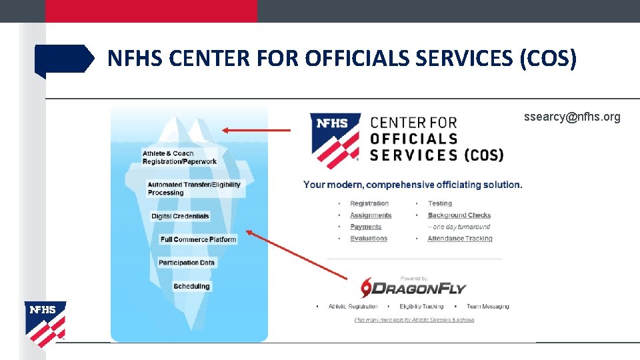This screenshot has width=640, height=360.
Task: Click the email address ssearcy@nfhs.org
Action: tap(572, 117)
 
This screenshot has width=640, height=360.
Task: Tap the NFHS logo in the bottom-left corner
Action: tap(45, 323)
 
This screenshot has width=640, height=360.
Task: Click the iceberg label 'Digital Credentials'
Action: tap(180, 216)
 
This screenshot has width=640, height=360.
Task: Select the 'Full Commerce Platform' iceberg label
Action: tap(198, 239)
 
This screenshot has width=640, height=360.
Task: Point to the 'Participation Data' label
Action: tap(187, 263)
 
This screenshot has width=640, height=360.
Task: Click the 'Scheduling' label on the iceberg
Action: tap(191, 287)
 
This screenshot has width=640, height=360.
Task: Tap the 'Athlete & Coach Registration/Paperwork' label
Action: tap(179, 157)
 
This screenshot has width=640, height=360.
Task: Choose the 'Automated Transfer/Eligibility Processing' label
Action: tap(194, 189)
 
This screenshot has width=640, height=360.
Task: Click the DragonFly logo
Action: tap(413, 287)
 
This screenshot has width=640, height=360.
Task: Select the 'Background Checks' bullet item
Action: tap(459, 215)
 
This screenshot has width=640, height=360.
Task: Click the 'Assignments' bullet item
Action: tap(371, 215)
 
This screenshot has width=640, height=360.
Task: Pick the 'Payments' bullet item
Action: tap(365, 227)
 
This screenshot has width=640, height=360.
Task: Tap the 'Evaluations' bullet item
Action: tap(369, 239)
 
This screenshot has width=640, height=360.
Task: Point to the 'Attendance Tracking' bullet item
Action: tap(460, 239)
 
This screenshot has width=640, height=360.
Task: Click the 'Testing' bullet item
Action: tap(440, 203)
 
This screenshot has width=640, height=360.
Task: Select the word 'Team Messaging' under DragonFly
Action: tap(487, 307)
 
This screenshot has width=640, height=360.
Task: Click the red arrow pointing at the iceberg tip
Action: tap(256, 131)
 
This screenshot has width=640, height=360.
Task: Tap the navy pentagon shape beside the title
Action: tap(63, 59)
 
